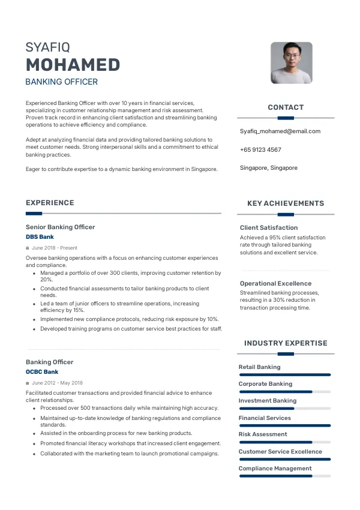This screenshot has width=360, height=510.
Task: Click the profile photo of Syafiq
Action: pos(291,62)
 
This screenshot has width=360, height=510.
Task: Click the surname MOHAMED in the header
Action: pos(73,65)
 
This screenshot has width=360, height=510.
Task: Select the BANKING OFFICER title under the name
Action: pos(61,82)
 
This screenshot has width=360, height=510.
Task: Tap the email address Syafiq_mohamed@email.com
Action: pos(280,131)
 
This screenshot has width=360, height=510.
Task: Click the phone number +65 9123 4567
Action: pos(260,149)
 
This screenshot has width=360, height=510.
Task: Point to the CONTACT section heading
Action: pos(286,107)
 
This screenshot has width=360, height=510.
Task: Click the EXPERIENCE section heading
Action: pos(50,203)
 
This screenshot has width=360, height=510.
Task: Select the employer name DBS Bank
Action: pos(40,237)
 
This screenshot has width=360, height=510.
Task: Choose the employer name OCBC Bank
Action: pos(42,372)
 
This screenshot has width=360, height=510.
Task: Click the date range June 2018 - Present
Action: pos(54,248)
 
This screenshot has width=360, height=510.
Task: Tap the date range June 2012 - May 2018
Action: pos(57,383)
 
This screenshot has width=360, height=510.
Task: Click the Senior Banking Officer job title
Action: pos(60,227)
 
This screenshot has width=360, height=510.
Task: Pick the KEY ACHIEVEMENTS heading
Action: pos(286,203)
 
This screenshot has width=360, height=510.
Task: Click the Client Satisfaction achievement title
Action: pos(269,227)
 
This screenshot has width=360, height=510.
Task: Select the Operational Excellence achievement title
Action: pos(275,283)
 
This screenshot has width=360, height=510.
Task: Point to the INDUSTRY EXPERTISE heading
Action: pos(286,343)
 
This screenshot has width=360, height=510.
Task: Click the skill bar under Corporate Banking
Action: pos(285,392)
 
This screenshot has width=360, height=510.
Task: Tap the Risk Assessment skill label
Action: pos(263,434)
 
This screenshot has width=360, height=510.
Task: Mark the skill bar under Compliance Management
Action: pos(285,476)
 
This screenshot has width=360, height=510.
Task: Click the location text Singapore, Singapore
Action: pos(268,168)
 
